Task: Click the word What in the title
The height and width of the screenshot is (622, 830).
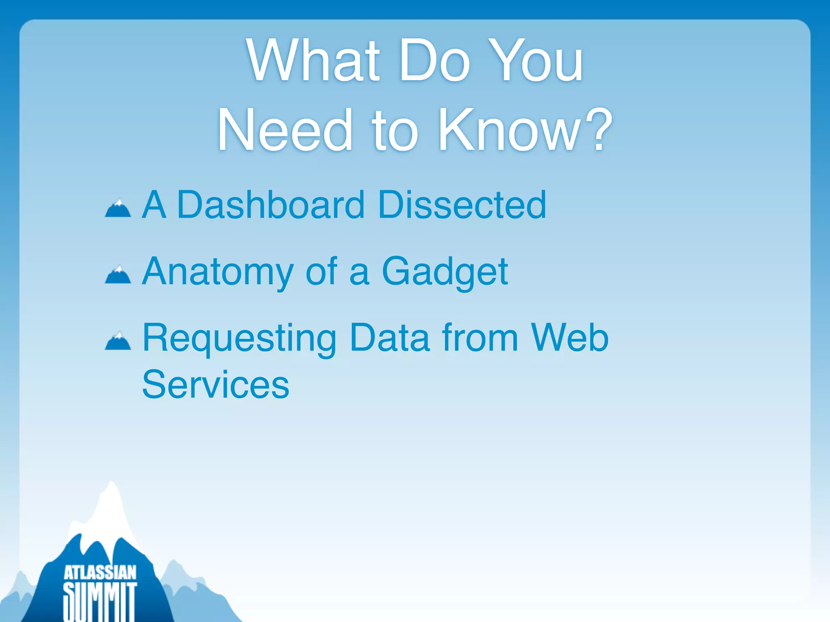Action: coord(313,61)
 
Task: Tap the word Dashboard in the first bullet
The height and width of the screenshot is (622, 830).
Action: coord(271,205)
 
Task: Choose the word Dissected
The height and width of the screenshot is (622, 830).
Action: coord(462,205)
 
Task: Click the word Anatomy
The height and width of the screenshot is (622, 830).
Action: coord(218,272)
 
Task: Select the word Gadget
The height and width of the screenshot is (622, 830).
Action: coord(445,272)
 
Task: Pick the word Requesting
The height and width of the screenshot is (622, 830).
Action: coord(239,339)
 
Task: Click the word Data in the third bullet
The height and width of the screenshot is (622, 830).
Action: coord(389,338)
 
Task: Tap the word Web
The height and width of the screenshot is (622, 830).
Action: coord(570,338)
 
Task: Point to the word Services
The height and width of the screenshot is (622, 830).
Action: coord(216,385)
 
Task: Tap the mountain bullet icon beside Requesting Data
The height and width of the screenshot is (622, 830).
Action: coord(118,341)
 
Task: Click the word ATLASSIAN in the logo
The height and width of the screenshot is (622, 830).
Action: coord(100,573)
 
